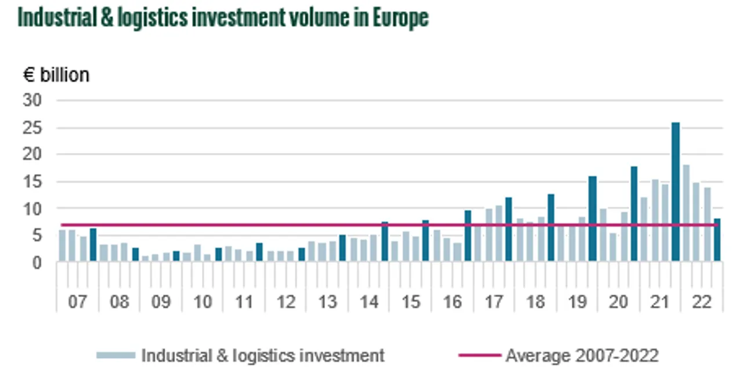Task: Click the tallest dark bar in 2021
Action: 676,191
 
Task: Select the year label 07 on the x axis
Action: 77,302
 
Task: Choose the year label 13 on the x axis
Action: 327,302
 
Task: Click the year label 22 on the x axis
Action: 702,302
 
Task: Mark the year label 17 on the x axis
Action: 494,302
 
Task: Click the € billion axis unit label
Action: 56,75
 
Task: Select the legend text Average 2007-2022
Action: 582,355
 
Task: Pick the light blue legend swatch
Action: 116,355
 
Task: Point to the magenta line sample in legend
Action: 479,355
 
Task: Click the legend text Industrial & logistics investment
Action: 263,355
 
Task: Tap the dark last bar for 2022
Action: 717,240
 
